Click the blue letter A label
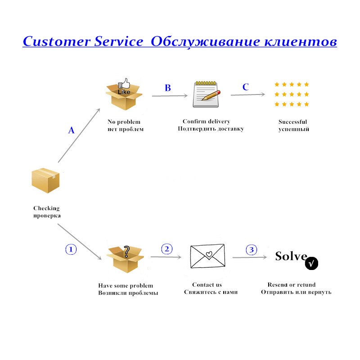point(71,130)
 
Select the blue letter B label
point(168,88)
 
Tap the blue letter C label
point(245,87)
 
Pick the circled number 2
point(167,249)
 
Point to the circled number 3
point(252,249)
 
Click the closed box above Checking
point(45,181)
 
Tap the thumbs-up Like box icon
point(123,94)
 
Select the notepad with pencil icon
point(206,94)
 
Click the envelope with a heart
point(207,256)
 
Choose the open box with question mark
point(125,259)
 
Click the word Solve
point(291,256)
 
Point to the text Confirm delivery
point(206,121)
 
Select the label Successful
point(292,122)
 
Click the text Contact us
point(207,284)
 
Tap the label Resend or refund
point(292,284)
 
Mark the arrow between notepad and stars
point(248,94)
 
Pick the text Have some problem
point(126,286)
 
